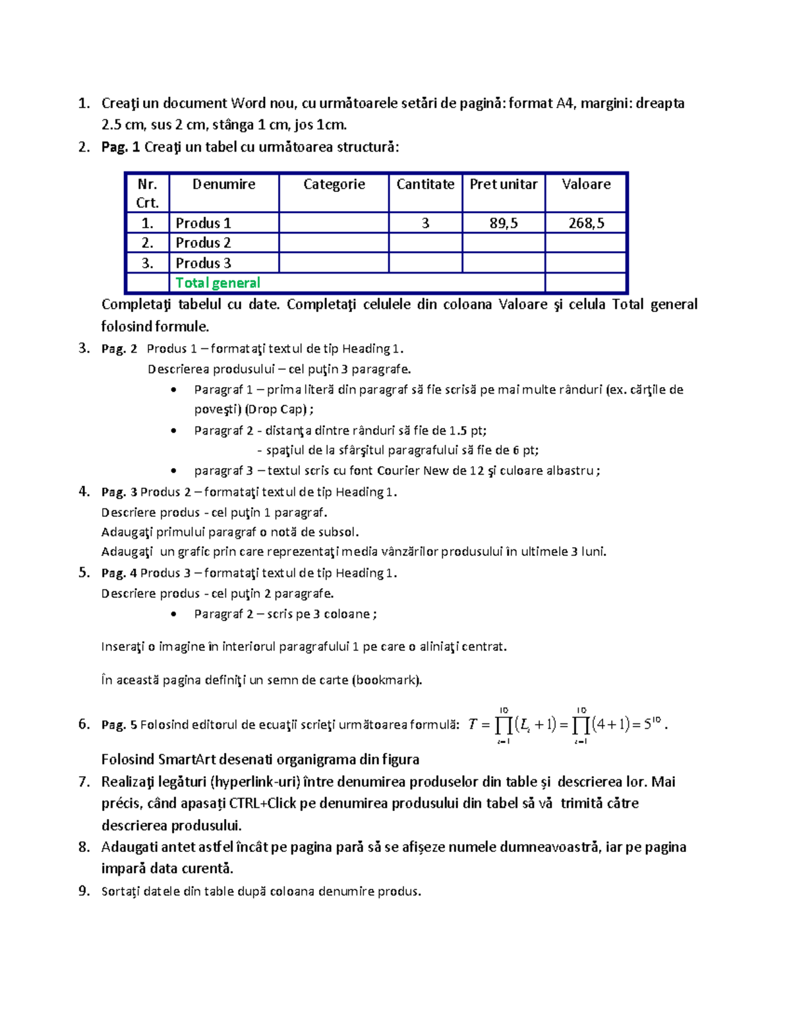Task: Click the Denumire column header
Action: coord(223,185)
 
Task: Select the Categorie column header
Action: coord(334,185)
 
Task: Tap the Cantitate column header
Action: coord(425,185)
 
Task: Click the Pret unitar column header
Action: coord(504,185)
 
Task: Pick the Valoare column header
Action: coord(586,185)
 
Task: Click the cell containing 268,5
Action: coord(586,224)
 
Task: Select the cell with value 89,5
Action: coord(504,224)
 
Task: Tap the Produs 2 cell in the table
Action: coord(203,243)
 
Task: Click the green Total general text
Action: coord(218,283)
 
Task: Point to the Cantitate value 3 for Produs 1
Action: coord(425,224)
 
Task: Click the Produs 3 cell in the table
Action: coord(203,263)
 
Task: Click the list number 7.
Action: coord(84,782)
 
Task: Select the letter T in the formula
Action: coord(472,725)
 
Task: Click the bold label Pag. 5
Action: coord(119,725)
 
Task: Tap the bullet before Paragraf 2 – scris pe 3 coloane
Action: coord(173,615)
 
